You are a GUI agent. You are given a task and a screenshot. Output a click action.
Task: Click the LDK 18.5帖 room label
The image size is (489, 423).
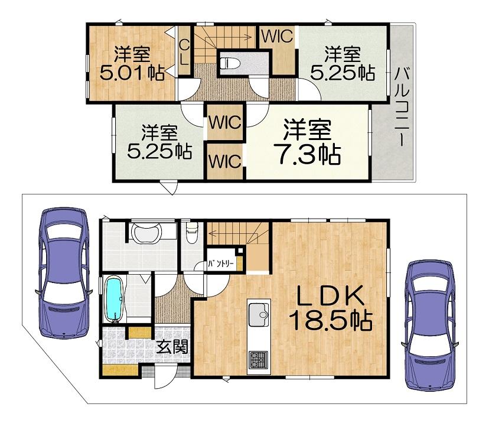331,308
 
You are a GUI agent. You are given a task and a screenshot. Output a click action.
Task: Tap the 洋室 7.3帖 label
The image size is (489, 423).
307,142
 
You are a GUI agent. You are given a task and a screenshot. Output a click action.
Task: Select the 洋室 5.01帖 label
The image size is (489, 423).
132,63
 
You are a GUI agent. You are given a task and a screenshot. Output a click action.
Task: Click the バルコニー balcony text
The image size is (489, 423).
402,107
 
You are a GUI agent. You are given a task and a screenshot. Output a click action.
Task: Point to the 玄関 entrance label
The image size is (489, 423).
172,347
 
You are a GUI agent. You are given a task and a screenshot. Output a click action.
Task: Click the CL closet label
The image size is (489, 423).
184,51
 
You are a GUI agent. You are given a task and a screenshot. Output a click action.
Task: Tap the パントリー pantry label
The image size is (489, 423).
221,264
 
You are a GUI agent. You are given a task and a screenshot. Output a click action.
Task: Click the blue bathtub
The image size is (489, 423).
113,299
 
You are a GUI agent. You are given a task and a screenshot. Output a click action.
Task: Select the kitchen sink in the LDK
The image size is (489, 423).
259,314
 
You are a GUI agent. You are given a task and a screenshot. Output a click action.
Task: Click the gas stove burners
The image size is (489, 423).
258,359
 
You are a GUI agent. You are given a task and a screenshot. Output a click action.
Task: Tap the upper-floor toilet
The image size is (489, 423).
230,63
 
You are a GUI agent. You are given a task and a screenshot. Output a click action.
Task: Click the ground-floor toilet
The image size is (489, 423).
192,232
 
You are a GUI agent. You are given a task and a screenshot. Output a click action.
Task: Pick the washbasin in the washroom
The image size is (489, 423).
146,233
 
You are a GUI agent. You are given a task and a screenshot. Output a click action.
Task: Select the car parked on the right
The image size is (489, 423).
430,325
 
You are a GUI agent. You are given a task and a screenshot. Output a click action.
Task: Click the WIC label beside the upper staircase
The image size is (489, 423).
277,36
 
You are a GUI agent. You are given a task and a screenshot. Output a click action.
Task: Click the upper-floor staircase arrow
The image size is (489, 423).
223,37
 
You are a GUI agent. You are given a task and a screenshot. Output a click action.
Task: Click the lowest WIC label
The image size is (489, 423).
225,161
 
